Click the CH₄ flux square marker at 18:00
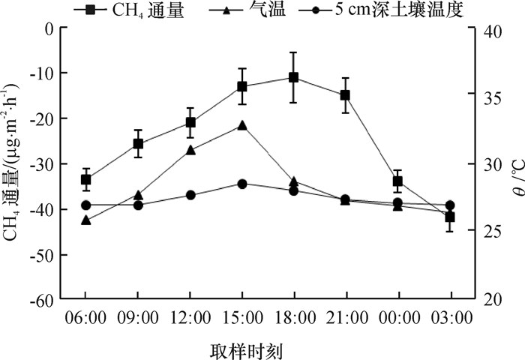[293, 77]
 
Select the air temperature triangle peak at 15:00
[242, 125]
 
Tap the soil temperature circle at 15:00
[242, 184]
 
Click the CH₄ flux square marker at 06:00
[86, 179]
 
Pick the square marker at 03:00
[450, 217]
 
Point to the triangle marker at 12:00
[190, 150]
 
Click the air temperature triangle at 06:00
[86, 220]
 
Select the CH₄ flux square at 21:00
[345, 95]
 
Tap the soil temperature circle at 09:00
[138, 205]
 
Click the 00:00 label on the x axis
[397, 318]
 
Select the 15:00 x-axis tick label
[242, 318]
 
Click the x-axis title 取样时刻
[241, 349]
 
